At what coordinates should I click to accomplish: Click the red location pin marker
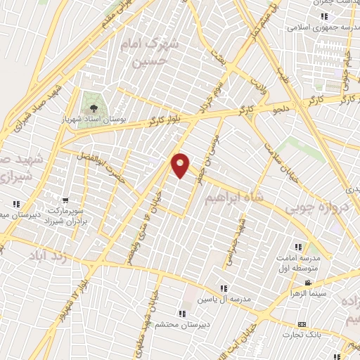click(181, 165)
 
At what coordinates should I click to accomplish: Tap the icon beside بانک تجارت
click(302, 324)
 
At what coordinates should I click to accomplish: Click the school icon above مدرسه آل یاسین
click(223, 288)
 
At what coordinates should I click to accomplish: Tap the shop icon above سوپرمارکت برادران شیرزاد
click(65, 200)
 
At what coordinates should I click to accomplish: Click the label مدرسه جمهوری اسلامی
click(323, 28)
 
